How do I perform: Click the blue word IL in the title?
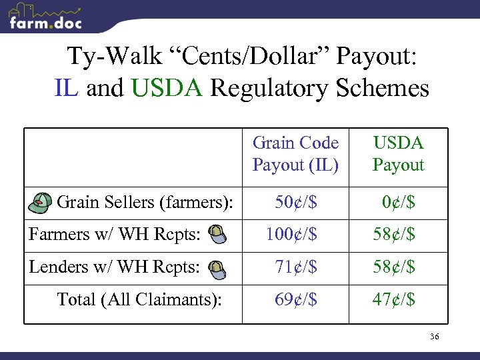(x=67, y=88)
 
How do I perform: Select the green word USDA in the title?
(x=167, y=88)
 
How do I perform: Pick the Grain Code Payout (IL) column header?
(x=295, y=154)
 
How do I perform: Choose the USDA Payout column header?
(x=398, y=154)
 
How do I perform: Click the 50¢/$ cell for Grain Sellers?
(x=295, y=201)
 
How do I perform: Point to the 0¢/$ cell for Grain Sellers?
(x=398, y=201)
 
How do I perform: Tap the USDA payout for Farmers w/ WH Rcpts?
(x=393, y=234)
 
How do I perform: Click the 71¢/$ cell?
(x=295, y=267)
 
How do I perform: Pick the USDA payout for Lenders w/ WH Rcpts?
(x=393, y=267)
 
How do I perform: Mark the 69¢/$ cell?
(x=295, y=299)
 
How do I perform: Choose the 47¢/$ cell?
(x=393, y=299)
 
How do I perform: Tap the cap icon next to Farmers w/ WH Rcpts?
(x=217, y=233)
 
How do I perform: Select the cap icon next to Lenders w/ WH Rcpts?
(x=217, y=267)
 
